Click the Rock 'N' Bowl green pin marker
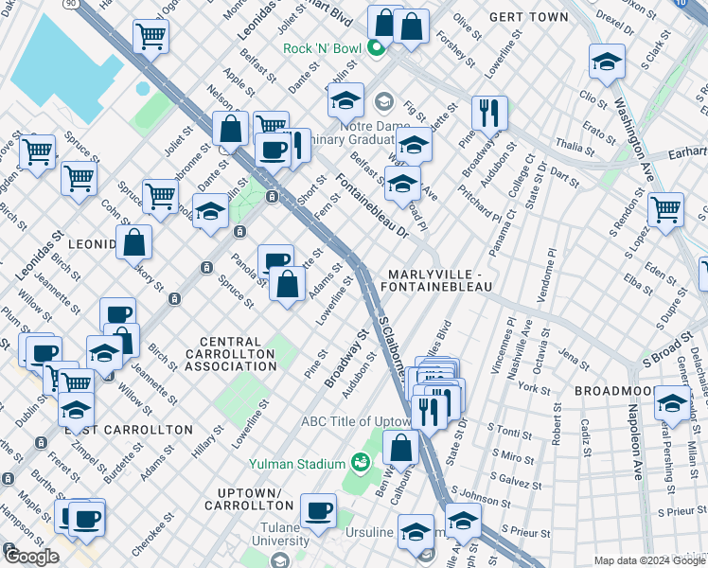pyautogui.click(x=377, y=48)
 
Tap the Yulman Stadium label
pyautogui.click(x=297, y=463)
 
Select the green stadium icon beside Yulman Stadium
pyautogui.click(x=360, y=462)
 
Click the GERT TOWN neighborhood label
pyautogui.click(x=530, y=17)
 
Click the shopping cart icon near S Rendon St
pyautogui.click(x=666, y=208)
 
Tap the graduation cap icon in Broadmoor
pyautogui.click(x=672, y=403)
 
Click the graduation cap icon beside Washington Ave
pyautogui.click(x=606, y=62)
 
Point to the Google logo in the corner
pyautogui.click(x=31, y=557)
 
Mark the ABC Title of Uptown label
pyautogui.click(x=356, y=421)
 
